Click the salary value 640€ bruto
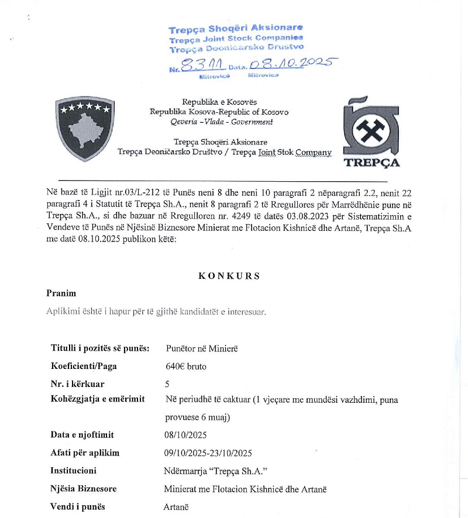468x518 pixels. point(186,367)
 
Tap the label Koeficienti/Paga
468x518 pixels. point(84,367)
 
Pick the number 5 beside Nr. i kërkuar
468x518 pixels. point(169,384)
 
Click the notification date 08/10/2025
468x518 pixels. point(186,435)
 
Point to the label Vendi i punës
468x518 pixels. point(78,506)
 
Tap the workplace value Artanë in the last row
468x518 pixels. point(176,507)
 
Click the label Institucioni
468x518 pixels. point(74,470)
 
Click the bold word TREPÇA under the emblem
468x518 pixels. point(372,163)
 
